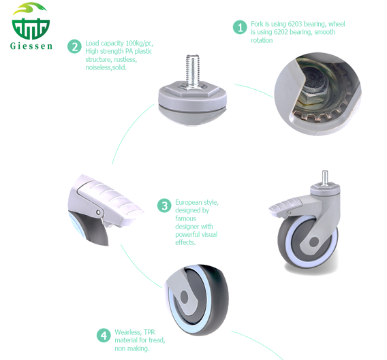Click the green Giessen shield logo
pos(31,22)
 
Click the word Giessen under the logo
pos(31,46)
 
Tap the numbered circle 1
pos(240,27)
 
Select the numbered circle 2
pos(74,46)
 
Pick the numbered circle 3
pos(164,206)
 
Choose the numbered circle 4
pos(104,336)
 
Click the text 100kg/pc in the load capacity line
pos(140,44)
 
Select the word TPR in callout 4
pos(150,332)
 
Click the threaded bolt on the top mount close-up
pos(193,71)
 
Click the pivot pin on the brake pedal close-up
pos(99,212)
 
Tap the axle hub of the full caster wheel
pos(313,242)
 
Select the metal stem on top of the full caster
pos(325,177)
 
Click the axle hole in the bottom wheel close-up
pos(185,297)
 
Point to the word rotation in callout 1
pos(262,40)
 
